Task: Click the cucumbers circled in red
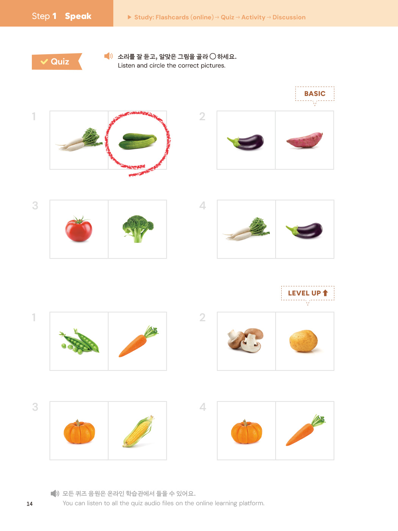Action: (137, 141)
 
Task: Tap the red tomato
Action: (78, 229)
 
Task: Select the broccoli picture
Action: (138, 229)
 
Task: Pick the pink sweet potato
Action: (305, 140)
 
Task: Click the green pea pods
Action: (79, 341)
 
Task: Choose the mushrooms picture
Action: (246, 340)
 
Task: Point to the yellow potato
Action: (304, 341)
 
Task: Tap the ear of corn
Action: (138, 431)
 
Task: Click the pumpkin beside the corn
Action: (79, 432)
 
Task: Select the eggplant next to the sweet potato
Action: (246, 142)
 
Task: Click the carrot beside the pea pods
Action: (138, 341)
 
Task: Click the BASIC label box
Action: (315, 94)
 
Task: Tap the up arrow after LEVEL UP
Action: (325, 293)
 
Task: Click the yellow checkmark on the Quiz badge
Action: (44, 61)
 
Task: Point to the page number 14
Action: (30, 504)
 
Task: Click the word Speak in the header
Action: (78, 16)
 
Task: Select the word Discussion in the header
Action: (289, 17)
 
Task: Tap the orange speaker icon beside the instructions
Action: (108, 56)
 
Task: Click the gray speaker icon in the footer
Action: (55, 493)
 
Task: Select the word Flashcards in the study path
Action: (172, 17)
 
